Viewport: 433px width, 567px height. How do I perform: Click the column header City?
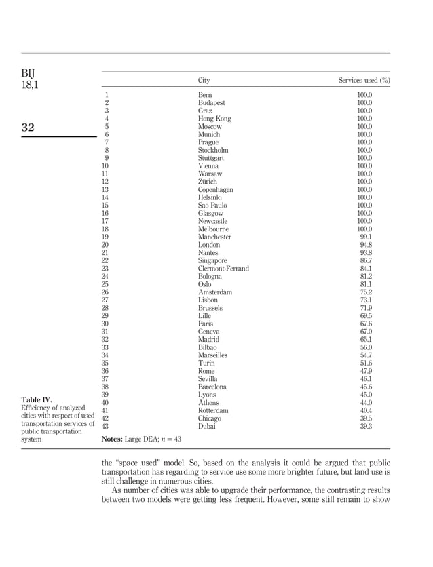[204, 81]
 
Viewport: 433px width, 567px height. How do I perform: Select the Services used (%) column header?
[364, 81]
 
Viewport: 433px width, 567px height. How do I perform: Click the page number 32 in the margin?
[29, 128]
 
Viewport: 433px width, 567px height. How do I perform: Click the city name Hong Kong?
[214, 119]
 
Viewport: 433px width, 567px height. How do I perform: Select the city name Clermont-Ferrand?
[223, 269]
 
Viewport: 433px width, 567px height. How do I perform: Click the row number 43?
[105, 427]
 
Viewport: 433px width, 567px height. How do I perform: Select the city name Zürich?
[208, 182]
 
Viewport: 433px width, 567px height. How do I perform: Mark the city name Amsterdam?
[214, 292]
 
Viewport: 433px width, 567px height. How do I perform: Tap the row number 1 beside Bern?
[107, 95]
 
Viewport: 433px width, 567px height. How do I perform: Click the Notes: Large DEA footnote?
[141, 439]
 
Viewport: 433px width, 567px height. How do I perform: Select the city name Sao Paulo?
[212, 206]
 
